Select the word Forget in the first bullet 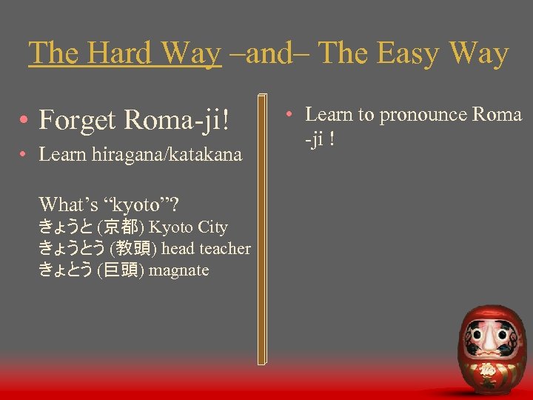pyautogui.click(x=79, y=119)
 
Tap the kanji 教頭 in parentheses pyautogui.click(x=133, y=249)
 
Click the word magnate pyautogui.click(x=179, y=270)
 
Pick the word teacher pyautogui.click(x=227, y=249)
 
